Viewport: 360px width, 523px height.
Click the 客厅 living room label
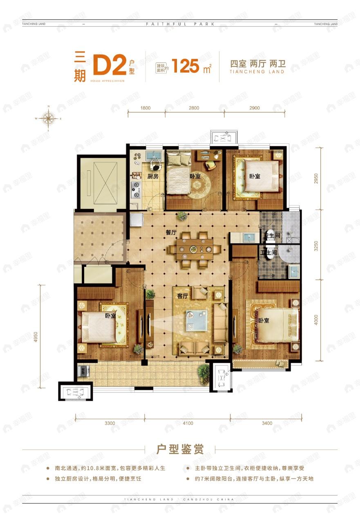pyautogui.click(x=182, y=297)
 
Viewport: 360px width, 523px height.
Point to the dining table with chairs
pyautogui.click(x=195, y=250)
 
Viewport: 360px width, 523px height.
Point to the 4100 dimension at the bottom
pyautogui.click(x=187, y=423)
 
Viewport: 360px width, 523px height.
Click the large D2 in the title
pyautogui.click(x=109, y=66)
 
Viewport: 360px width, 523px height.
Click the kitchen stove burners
pyautogui.click(x=135, y=188)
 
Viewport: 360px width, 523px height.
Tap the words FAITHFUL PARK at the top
pyautogui.click(x=180, y=24)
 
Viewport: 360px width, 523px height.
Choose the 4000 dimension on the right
pyautogui.click(x=315, y=319)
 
